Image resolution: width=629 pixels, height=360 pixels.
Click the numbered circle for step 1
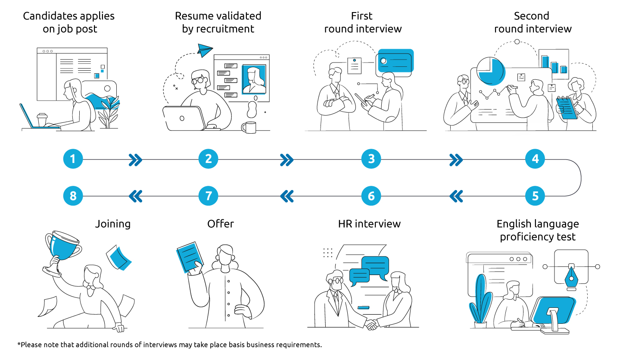73,159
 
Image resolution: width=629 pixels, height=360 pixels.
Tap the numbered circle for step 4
535,159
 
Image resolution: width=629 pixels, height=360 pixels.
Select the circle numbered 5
535,196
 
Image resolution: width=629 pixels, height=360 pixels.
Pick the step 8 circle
73,196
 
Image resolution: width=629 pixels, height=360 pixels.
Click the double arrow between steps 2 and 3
286,160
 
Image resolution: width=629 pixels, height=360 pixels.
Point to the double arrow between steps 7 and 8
136,197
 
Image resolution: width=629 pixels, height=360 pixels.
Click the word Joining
113,224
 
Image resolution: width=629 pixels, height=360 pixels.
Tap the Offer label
221,224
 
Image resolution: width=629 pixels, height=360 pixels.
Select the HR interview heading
369,224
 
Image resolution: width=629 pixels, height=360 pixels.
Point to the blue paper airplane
205,50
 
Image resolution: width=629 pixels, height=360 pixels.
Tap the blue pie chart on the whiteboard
491,71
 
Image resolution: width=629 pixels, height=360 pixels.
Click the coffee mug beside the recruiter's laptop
249,127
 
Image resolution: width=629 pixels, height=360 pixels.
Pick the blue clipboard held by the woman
567,108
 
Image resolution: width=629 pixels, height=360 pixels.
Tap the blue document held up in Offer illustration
189,257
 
